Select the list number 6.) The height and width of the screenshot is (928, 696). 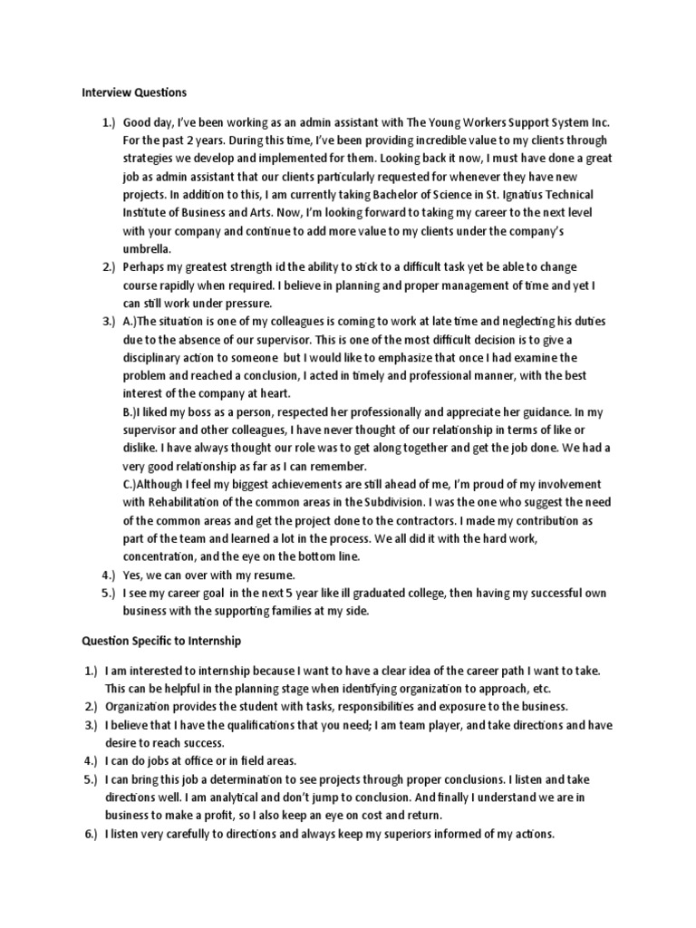point(91,834)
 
